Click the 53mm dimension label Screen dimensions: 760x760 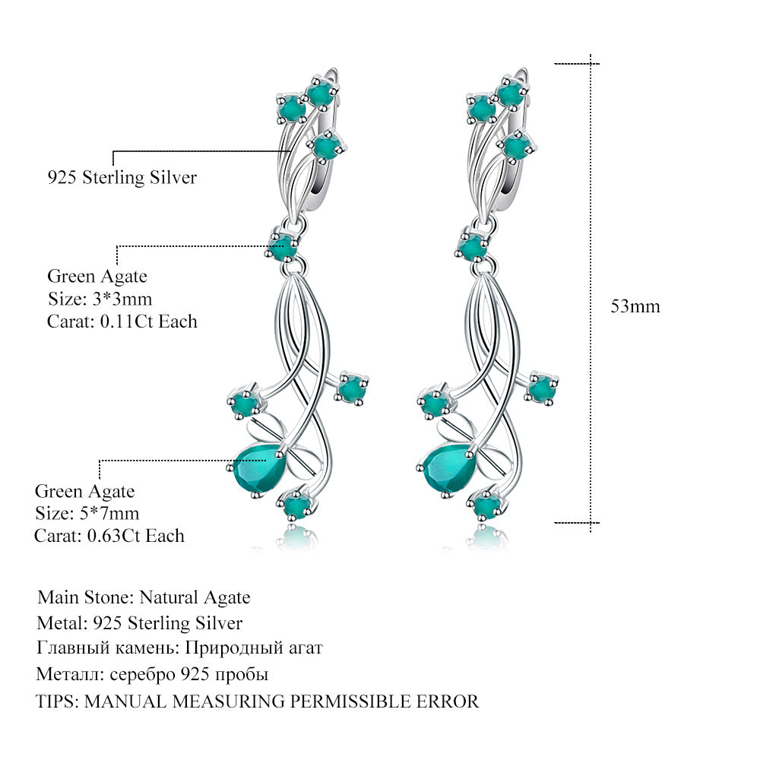click(635, 306)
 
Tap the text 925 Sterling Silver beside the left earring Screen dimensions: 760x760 click(122, 178)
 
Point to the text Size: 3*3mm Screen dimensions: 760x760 click(100, 299)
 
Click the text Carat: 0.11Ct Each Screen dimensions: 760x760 click(122, 321)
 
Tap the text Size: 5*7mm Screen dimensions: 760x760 click(87, 513)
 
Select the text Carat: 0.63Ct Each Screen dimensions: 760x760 click(109, 536)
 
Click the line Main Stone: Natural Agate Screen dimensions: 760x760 click(144, 597)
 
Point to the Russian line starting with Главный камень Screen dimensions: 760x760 click(180, 648)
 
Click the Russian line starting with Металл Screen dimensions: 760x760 click(153, 674)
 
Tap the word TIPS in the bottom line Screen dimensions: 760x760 click(56, 701)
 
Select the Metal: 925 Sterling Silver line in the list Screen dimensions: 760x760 click(140, 623)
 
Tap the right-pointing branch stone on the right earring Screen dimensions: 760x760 click(542, 388)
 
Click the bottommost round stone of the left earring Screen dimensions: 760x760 click(295, 504)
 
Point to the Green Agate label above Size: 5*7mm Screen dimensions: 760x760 click(84, 491)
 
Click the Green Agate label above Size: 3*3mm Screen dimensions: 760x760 click(97, 277)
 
